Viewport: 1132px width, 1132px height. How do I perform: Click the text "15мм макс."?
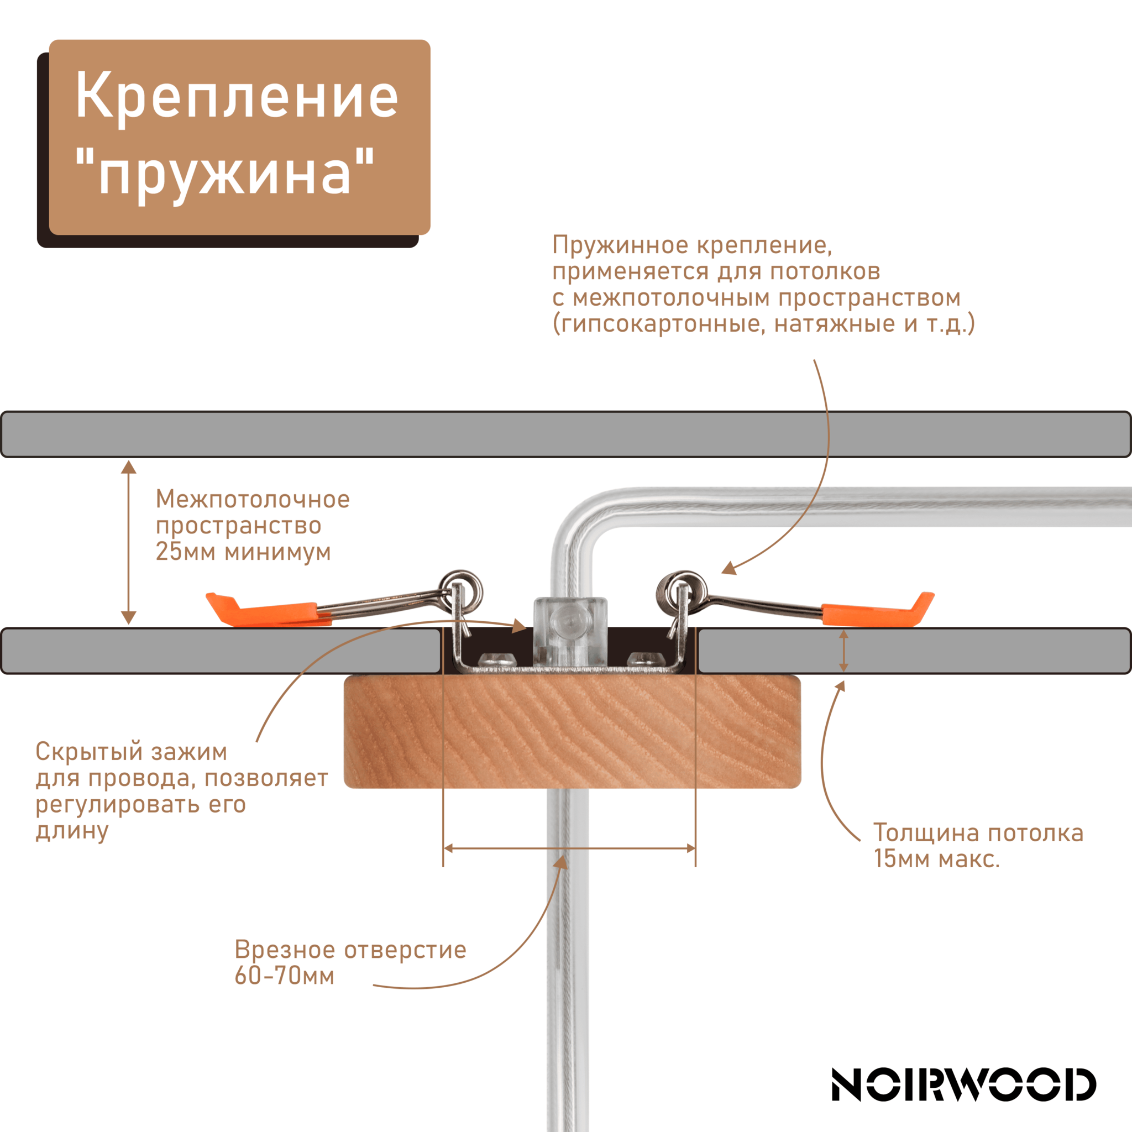click(x=936, y=859)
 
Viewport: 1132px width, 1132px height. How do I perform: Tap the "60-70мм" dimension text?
click(x=284, y=976)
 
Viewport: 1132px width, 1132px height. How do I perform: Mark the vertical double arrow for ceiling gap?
click(x=128, y=542)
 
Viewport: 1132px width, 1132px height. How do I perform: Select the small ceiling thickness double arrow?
click(x=843, y=651)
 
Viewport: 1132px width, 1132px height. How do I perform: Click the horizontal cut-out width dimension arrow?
click(x=569, y=848)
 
